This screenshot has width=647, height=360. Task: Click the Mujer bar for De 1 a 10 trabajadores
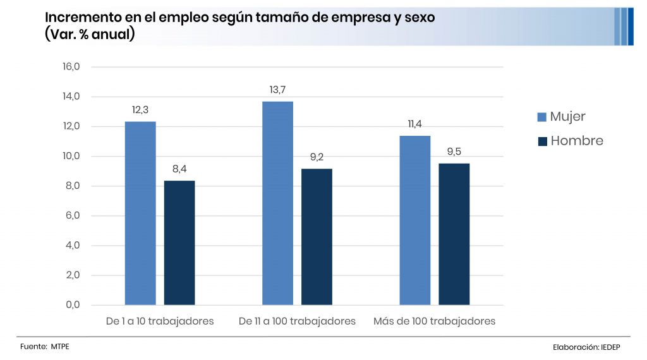tap(140, 213)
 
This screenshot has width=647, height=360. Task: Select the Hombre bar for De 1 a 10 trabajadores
tap(179, 243)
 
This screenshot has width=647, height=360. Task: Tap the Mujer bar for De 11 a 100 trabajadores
tap(277, 203)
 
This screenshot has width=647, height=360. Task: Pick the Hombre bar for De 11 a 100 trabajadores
tap(317, 237)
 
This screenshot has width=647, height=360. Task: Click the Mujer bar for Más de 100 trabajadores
tap(414, 220)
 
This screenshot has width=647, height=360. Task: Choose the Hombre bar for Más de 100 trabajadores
tap(454, 234)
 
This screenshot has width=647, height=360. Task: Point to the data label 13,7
tap(278, 90)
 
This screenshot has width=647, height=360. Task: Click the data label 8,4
tap(179, 169)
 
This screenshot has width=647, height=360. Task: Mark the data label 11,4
tap(414, 124)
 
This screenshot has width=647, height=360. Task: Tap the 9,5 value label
tap(454, 152)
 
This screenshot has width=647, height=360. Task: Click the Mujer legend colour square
tap(541, 117)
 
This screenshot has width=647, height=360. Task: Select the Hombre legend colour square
tap(541, 141)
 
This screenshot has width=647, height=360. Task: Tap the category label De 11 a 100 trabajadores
tap(297, 321)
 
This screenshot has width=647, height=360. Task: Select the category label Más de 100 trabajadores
tap(434, 321)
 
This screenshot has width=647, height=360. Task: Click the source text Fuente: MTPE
tap(44, 347)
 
